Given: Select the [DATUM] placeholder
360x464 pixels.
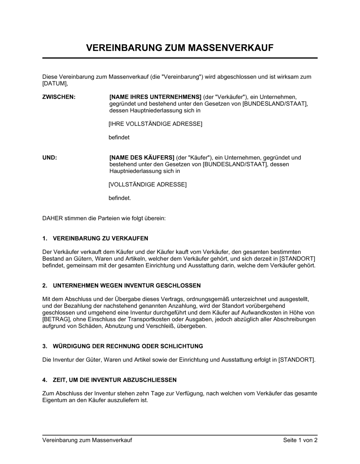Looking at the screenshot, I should click(54, 83).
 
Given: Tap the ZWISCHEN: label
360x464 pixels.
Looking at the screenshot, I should click(59, 97).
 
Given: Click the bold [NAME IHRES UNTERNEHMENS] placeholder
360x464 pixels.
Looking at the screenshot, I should click(155, 97).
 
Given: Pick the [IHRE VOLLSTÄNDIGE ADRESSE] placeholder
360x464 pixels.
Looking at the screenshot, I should click(155, 124).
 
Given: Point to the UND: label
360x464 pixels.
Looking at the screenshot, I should click(50, 158).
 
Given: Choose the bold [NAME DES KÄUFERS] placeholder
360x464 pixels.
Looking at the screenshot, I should click(142, 158).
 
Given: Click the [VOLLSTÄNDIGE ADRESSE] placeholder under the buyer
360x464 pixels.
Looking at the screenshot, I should click(148, 185).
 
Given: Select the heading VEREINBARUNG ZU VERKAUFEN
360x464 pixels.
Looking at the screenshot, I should click(100, 238).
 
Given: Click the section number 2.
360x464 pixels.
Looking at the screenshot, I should click(45, 286).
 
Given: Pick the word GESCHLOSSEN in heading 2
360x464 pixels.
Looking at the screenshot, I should click(178, 286).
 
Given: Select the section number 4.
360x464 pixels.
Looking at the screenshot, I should click(45, 380).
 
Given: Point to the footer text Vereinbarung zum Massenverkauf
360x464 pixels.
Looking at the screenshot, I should click(87, 440).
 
